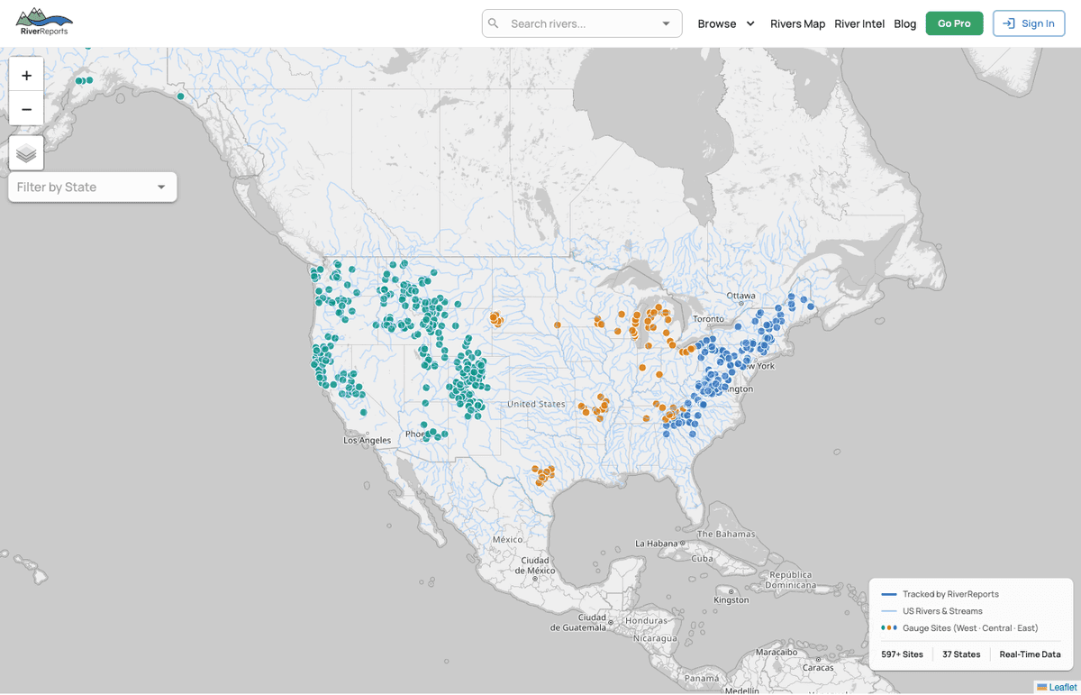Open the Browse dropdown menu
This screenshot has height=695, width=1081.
[726, 23]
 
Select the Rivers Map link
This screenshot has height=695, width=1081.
[797, 23]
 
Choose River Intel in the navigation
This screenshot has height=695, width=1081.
[859, 23]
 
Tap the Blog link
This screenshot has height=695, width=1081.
[904, 23]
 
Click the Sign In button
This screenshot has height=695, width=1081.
[1028, 23]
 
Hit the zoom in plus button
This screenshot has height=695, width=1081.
[26, 76]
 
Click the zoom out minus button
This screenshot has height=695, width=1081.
[26, 109]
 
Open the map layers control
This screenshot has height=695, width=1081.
[26, 153]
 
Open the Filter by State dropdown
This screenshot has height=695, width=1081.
[92, 187]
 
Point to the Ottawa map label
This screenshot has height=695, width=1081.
[741, 296]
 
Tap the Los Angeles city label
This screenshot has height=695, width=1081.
[368, 440]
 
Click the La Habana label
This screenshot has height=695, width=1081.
[657, 544]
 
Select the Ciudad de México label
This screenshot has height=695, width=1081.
[536, 565]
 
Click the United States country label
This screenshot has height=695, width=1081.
[536, 404]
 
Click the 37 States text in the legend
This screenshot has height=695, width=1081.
[961, 654]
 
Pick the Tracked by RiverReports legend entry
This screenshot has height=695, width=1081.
[950, 594]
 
